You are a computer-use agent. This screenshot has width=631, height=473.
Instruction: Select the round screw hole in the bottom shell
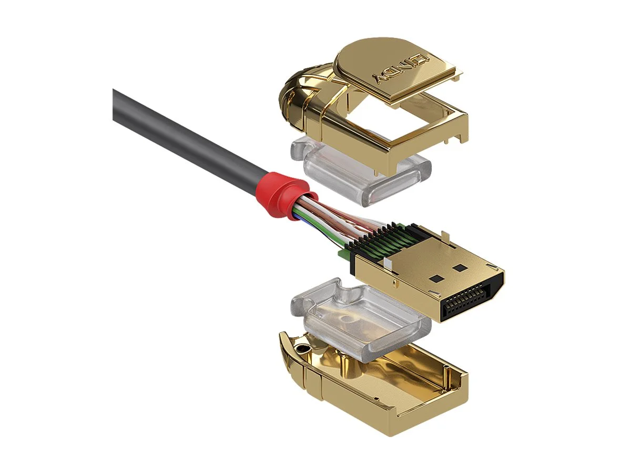pyautogui.click(x=302, y=348)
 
